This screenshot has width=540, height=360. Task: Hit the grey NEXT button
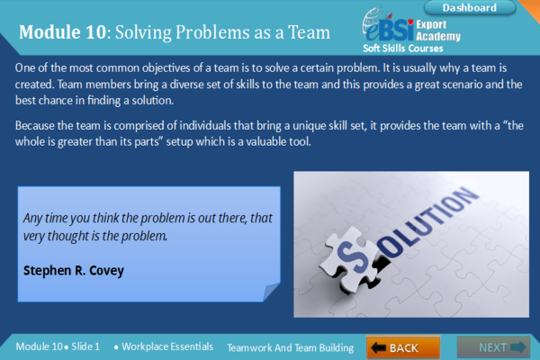492,346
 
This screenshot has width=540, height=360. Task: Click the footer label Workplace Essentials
167,346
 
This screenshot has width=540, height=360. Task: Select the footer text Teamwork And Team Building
290,346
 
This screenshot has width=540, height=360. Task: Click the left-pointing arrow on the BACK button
379,347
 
